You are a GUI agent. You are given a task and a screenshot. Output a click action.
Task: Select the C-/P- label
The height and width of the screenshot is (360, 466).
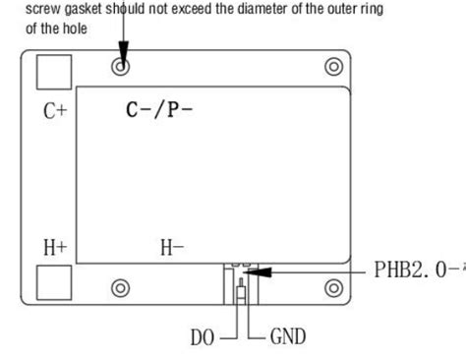coord(159,109)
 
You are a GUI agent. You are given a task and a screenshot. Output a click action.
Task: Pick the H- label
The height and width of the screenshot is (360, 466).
coord(173,247)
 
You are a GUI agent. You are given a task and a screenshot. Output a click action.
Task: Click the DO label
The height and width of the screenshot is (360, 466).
coord(204,338)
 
